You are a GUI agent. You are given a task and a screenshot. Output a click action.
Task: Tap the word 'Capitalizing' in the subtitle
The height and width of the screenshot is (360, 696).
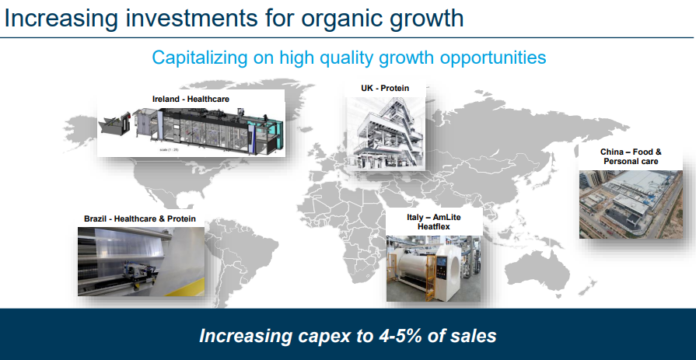click(x=200, y=58)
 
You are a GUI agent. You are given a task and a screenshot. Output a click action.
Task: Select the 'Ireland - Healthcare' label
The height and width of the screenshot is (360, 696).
click(x=191, y=99)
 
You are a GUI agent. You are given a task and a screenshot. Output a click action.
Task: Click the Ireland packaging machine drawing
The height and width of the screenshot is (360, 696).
click(x=191, y=130)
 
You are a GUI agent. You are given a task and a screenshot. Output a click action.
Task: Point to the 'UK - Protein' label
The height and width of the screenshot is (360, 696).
click(x=385, y=89)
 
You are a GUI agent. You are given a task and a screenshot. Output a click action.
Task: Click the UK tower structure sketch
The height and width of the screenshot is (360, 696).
click(x=385, y=133)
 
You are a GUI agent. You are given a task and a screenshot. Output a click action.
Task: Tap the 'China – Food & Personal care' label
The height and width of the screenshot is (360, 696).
click(x=631, y=157)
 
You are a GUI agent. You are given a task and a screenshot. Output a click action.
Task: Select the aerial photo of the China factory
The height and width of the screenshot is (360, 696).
click(x=631, y=204)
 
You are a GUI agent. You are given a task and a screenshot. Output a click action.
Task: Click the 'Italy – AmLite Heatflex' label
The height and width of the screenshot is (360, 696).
click(x=434, y=222)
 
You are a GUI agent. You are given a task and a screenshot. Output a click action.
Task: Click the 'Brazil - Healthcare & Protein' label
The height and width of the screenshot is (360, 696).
click(x=140, y=218)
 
